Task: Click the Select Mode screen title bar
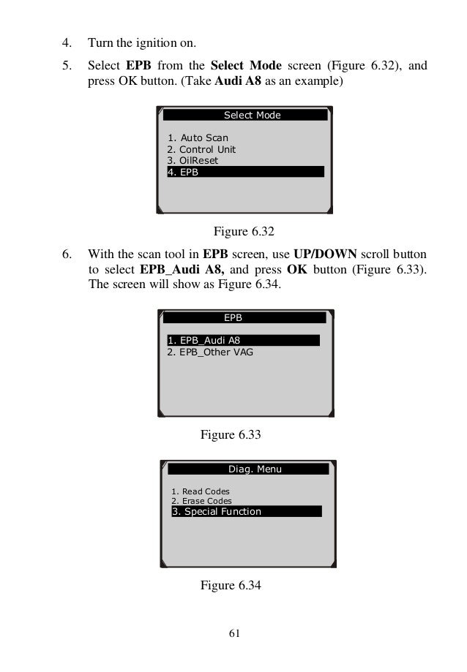point(245,115)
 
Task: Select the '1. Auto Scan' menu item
point(198,137)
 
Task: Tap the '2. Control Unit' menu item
point(201,149)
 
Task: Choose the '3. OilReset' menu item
point(193,160)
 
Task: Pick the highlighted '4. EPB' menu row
point(245,172)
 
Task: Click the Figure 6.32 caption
point(243,233)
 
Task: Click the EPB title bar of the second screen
point(244,318)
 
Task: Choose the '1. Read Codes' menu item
point(201,491)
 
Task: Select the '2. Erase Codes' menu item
point(202,501)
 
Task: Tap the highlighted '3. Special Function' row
point(246,512)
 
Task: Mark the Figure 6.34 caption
point(231,585)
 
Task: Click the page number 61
point(234,633)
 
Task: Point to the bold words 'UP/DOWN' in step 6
point(325,255)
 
